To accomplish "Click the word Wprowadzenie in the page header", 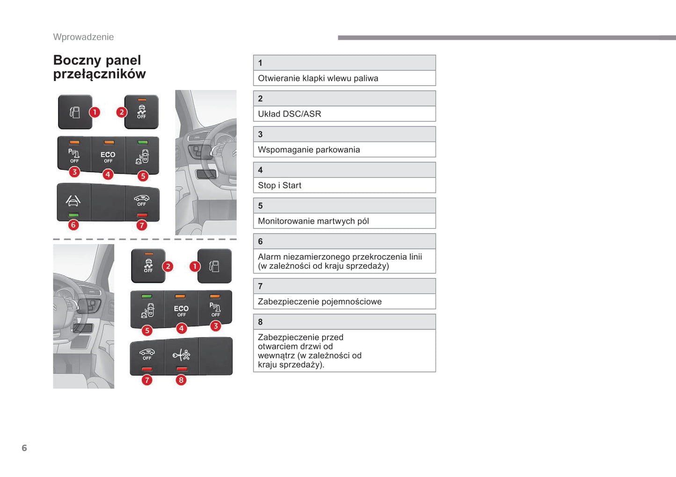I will coord(83,37).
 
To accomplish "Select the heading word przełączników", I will coord(99,74).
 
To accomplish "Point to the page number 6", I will coord(24,448).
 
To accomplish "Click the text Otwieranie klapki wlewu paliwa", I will coord(318,78).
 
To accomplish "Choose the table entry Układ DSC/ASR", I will coord(289,114).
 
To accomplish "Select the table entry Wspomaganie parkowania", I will coord(309,150).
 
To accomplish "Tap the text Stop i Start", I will coord(279,185).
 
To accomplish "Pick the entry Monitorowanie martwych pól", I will coord(313,221).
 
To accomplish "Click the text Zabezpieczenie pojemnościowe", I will coord(320,301).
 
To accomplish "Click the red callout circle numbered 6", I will coord(73,225).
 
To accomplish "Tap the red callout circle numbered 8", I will coord(181,380).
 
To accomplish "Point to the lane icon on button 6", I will coord(73,201).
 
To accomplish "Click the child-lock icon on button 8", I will coord(181,355).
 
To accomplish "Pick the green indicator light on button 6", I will coord(73,215).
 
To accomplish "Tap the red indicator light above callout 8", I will coord(182,369).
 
